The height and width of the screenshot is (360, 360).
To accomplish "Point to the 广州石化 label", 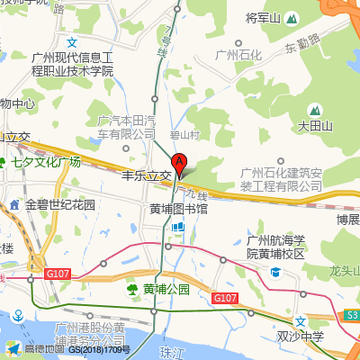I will [238, 55].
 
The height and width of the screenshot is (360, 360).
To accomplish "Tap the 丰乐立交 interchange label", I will [147, 176].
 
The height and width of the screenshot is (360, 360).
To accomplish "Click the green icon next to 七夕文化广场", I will [15, 163].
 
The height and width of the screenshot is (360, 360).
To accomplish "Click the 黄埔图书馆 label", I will [178, 209].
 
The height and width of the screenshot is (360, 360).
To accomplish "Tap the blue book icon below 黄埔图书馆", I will [177, 227].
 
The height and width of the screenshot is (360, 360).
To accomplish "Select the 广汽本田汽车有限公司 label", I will [126, 127].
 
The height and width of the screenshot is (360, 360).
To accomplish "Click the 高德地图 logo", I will [33, 349].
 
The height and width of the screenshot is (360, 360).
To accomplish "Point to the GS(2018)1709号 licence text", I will [99, 349].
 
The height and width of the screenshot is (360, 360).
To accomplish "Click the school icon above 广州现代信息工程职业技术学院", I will [73, 42].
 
